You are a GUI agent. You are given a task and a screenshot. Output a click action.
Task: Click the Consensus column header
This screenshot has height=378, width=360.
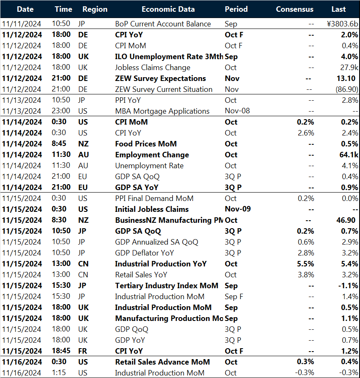tap(294, 9)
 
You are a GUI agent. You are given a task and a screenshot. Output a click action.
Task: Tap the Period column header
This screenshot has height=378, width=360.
tap(236, 9)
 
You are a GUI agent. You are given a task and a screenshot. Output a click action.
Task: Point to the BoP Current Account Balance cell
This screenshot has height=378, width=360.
tap(163, 24)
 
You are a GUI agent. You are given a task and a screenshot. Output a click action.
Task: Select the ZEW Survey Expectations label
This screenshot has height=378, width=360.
tap(160, 78)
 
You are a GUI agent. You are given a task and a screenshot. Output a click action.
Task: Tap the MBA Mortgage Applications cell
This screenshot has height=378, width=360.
tap(162, 111)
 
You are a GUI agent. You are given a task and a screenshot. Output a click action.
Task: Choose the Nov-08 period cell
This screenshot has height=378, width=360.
tap(238, 111)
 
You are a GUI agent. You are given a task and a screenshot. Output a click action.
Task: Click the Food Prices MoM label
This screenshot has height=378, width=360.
tap(146, 144)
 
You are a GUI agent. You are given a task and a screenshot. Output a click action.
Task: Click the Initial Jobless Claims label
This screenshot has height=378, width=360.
tap(152, 209)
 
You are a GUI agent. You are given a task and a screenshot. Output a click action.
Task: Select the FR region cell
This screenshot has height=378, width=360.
tap(83, 351)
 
